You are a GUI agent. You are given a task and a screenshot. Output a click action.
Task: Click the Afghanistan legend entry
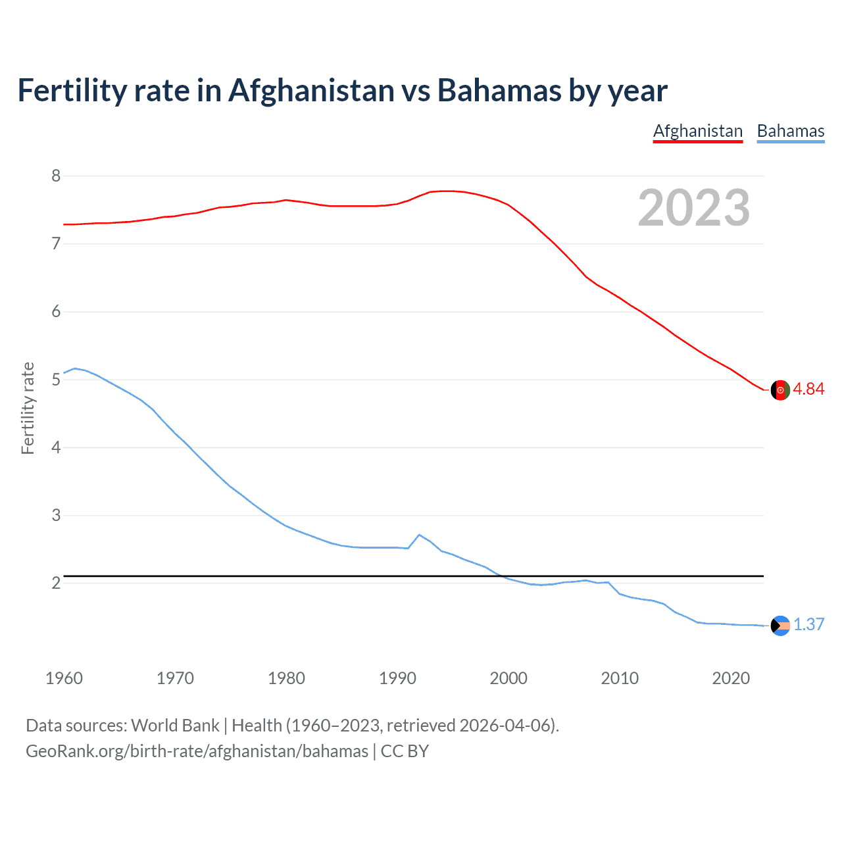[697, 131]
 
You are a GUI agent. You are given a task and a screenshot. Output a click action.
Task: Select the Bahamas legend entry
[790, 131]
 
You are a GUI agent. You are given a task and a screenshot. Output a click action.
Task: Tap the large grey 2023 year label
[693, 208]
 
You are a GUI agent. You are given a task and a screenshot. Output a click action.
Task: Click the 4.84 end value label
[808, 389]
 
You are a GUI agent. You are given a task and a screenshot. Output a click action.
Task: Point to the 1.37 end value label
[808, 624]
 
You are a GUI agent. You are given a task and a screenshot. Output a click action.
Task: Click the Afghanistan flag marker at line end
[780, 389]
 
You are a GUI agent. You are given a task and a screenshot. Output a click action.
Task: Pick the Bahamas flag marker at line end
[780, 626]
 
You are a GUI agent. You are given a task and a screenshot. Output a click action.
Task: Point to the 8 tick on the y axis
[56, 176]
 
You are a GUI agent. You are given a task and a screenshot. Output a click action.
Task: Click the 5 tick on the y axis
[56, 380]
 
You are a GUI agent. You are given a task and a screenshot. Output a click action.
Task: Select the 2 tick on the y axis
[56, 583]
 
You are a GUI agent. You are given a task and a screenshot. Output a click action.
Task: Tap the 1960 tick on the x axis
[64, 678]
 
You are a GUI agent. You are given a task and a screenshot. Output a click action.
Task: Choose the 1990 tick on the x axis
[397, 678]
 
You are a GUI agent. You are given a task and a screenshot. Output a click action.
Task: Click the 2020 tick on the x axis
[731, 678]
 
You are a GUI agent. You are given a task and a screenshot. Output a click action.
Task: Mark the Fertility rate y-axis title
[28, 408]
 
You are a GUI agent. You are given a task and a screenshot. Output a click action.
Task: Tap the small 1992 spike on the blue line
[420, 535]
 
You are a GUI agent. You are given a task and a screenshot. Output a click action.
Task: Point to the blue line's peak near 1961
[75, 368]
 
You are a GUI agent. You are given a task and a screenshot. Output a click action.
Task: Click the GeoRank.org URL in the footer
[197, 751]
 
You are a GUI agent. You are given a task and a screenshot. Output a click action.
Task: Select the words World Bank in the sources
[175, 726]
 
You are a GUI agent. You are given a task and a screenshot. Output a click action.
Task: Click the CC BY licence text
[405, 751]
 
